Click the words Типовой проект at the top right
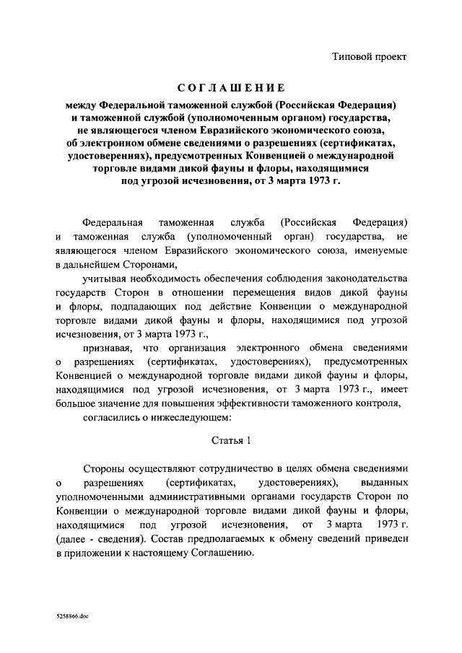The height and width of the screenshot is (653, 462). pyautogui.click(x=372, y=56)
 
